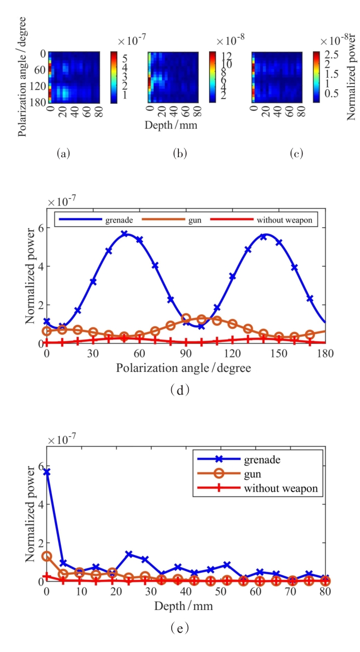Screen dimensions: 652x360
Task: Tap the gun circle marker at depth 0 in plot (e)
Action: (47, 556)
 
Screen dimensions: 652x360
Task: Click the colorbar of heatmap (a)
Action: (114, 77)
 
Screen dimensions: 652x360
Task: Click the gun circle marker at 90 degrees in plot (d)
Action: (186, 318)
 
